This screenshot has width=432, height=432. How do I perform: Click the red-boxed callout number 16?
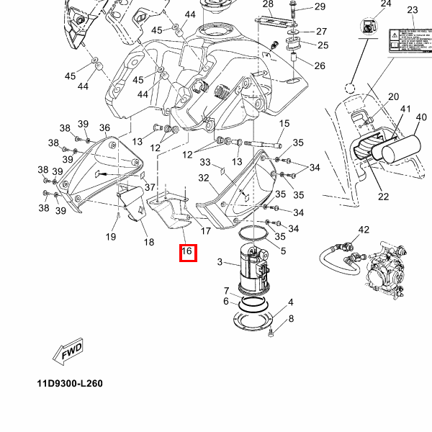pos(187,251)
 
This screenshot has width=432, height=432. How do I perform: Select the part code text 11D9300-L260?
pos(70,383)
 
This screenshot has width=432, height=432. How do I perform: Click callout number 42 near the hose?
pos(364,230)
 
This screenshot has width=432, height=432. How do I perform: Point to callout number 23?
pos(412,9)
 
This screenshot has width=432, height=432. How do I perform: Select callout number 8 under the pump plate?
pos(291,319)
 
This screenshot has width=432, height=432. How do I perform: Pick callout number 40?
pos(421,117)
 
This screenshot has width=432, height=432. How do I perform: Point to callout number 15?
pos(284,124)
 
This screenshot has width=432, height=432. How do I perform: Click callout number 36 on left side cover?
pos(104,128)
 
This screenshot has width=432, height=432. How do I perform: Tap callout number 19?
pos(111,237)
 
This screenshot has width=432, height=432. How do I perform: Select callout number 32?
pos(204,178)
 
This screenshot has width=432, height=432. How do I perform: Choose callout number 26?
pos(320,66)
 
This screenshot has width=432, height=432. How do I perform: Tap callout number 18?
pos(148,243)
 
